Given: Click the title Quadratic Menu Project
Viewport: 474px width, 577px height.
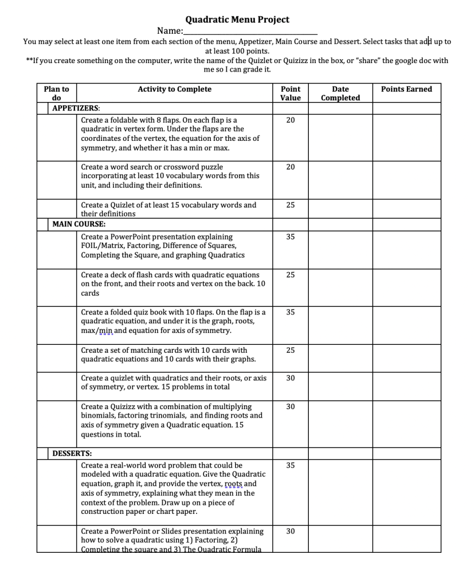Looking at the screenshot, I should [237, 20].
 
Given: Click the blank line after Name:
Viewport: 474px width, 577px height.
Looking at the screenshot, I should [250, 32].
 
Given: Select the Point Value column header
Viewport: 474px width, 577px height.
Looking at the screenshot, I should [290, 94].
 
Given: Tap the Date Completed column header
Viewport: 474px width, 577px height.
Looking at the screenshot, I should [340, 94].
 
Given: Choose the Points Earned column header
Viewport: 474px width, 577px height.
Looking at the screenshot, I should [406, 89].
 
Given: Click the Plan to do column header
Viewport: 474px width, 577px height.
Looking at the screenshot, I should [56, 94].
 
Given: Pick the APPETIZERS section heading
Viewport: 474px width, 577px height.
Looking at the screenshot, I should [76, 108].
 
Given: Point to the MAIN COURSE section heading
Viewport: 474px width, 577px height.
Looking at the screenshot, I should [79, 224].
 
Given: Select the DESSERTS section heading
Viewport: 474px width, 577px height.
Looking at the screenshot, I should [72, 453].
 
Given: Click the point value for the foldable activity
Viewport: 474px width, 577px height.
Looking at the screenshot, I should [290, 120].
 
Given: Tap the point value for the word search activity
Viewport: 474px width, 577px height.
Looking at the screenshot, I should [290, 167].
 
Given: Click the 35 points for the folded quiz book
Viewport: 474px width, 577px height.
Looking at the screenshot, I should [290, 312].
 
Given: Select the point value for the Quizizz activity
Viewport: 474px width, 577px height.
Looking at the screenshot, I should [290, 406].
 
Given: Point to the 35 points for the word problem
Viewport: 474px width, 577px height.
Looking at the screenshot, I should [290, 465].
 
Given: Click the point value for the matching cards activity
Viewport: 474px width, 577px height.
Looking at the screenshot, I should [290, 350].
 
